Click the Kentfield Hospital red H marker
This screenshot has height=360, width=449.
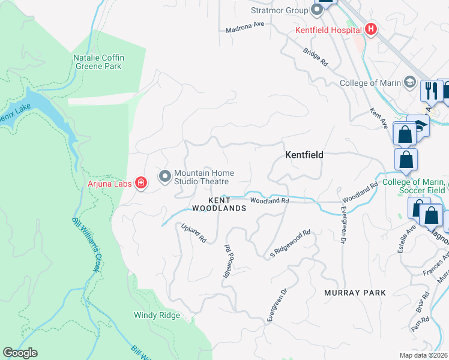(371, 29)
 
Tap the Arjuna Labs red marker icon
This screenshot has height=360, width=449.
(141, 182)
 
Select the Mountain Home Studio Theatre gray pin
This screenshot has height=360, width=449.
(164, 176)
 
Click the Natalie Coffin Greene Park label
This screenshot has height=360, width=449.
(98, 62)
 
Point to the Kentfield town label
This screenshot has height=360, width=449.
(304, 155)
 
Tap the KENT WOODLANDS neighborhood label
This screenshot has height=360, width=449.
(219, 203)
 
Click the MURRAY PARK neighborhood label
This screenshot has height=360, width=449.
(355, 292)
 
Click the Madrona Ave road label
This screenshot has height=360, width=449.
(245, 29)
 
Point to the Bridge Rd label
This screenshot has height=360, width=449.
(316, 58)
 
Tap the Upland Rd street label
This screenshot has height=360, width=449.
(194, 233)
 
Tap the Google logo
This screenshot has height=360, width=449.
(20, 353)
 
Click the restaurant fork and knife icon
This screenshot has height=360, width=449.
(430, 90)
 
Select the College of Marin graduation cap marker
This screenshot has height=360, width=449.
(411, 82)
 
